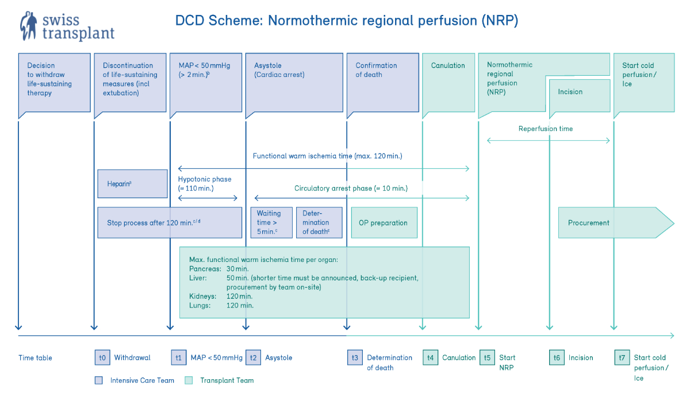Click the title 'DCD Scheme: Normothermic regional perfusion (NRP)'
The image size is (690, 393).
point(347,21)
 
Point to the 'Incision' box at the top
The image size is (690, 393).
point(580,95)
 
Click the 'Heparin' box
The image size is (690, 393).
point(132,184)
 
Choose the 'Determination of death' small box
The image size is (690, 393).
point(319,222)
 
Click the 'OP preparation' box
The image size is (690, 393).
point(384,222)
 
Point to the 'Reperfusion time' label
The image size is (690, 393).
point(546,129)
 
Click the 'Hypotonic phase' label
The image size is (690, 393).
point(205,179)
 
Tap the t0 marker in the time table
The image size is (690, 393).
point(102,357)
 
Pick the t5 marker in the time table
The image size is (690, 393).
point(488,357)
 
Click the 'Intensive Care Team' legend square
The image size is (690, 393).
point(98,380)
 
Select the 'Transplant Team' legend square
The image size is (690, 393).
point(188,380)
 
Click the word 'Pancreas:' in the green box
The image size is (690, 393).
point(205,269)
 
